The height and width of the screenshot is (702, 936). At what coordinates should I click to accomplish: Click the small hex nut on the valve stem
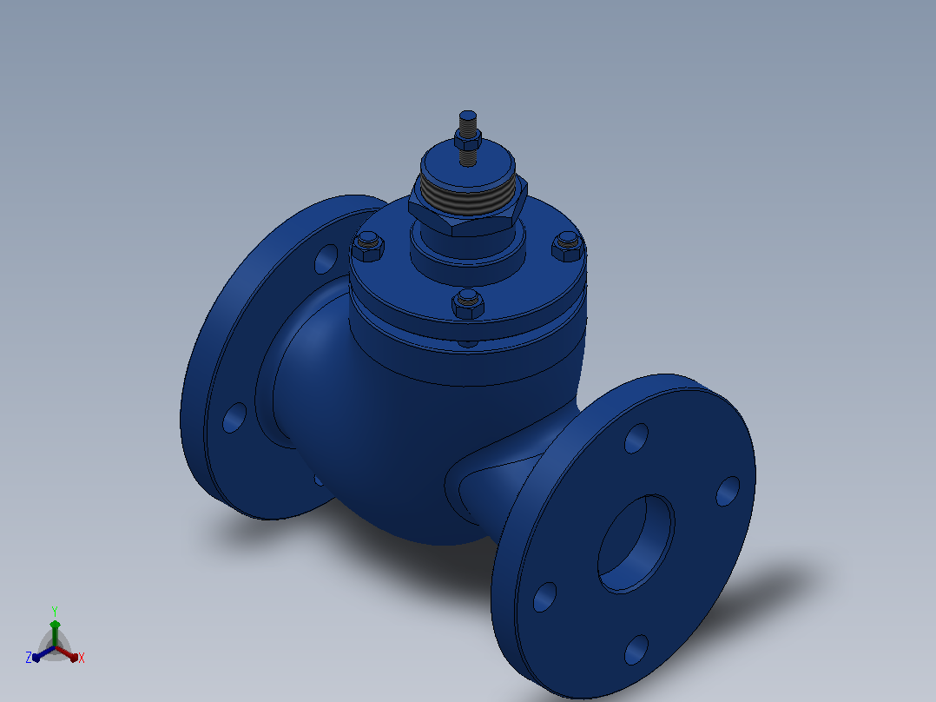[x=467, y=141]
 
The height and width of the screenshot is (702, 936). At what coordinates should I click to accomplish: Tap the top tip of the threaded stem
[x=467, y=111]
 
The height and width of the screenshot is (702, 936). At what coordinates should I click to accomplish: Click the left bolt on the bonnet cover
[x=368, y=248]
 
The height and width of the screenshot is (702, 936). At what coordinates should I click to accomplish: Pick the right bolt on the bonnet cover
[x=567, y=247]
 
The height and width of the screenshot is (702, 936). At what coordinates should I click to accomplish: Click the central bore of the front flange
[x=636, y=544]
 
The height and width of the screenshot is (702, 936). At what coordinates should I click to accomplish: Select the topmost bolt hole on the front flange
[x=636, y=438]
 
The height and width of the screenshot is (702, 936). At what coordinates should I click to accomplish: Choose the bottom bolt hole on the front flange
[x=636, y=649]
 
